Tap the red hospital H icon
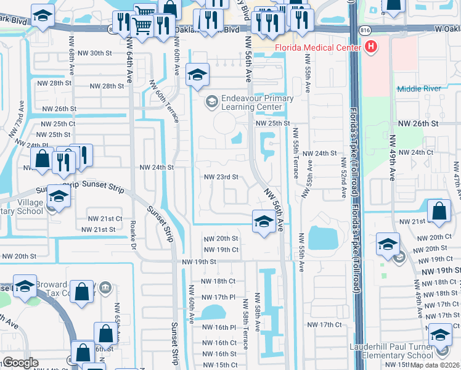click(371, 46)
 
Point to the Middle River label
click(419, 89)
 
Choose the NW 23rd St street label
click(221, 177)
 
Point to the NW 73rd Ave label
click(20, 125)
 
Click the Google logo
click(20, 363)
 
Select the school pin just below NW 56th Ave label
click(263, 221)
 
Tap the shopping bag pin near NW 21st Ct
click(438, 210)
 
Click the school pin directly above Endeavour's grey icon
click(197, 76)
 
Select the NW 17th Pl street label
click(219, 297)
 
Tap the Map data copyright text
click(434, 365)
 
